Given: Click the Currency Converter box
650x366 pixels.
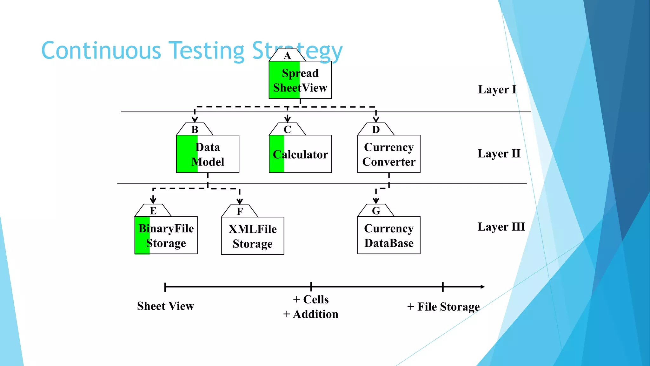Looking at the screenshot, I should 389,154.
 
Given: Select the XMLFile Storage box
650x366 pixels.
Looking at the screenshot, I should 253,236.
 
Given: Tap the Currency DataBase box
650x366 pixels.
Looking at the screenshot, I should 389,235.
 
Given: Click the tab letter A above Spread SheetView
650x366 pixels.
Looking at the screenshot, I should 287,56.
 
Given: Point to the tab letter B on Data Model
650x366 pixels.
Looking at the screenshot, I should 195,130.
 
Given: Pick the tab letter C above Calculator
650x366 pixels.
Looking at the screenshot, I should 287,130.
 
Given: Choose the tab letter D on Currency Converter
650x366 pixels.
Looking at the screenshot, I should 376,130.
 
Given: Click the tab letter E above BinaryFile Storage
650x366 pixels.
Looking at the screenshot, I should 153,211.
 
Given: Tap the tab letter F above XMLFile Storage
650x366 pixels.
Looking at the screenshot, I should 240,212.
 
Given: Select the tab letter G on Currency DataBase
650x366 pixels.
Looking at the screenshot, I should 376,211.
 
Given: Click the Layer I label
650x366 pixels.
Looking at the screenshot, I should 497,90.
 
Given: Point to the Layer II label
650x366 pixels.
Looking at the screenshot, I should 499,154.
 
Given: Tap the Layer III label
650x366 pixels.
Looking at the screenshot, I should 501,227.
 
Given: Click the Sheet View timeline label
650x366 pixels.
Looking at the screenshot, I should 165,306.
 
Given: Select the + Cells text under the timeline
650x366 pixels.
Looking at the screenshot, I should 311,299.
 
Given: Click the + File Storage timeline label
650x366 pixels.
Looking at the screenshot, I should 443,307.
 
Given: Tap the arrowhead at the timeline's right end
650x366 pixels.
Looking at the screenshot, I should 482,287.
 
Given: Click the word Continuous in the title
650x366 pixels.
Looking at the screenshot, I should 101,51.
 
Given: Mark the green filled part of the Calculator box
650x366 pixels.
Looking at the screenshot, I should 276,154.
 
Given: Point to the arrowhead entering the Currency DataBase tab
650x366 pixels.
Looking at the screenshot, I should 376,201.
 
